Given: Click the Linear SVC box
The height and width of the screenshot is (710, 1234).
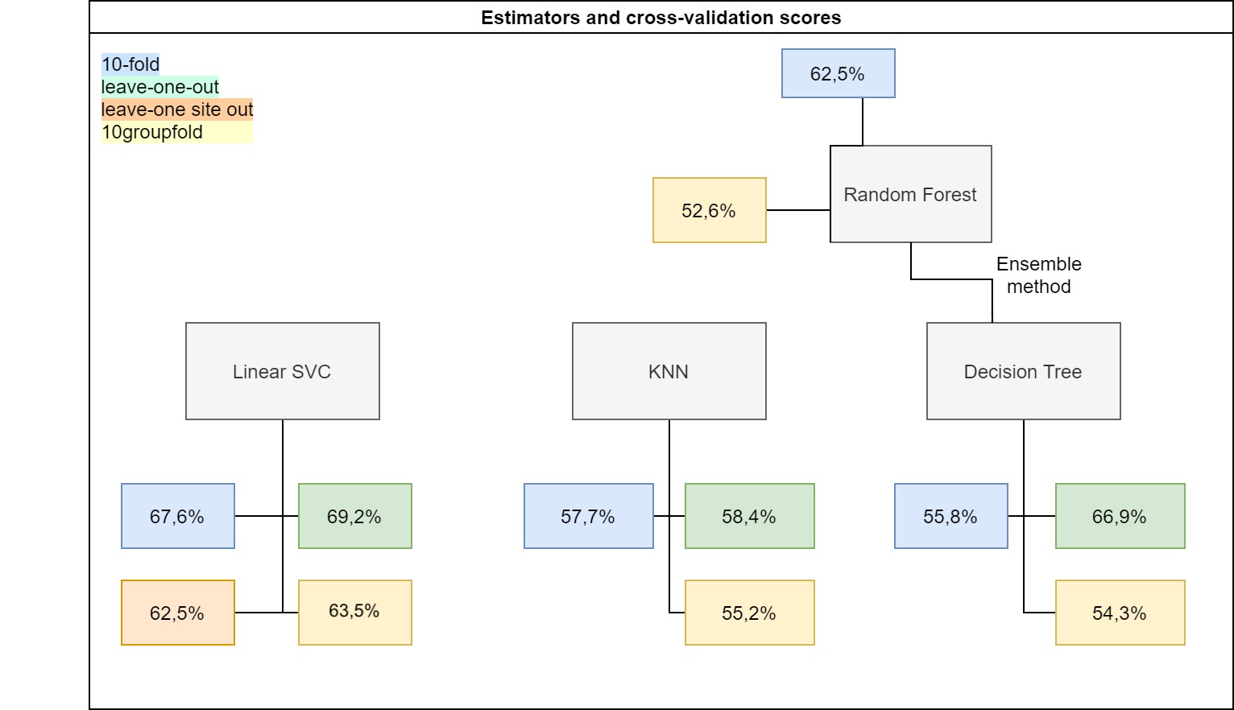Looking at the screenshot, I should (282, 371).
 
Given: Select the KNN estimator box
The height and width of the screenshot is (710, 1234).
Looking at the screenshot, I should (669, 371).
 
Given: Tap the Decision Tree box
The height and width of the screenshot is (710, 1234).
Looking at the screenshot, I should (1023, 371).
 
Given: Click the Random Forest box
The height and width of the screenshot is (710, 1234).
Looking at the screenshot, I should (910, 194).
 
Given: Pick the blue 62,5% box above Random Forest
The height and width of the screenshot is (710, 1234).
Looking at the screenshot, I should (838, 73).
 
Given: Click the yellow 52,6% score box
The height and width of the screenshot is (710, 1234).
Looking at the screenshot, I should (709, 210).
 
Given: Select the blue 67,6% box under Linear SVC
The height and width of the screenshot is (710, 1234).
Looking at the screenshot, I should (177, 516).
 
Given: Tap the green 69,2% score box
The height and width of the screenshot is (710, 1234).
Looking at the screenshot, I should (354, 516).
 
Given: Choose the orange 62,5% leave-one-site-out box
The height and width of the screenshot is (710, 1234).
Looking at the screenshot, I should (177, 613).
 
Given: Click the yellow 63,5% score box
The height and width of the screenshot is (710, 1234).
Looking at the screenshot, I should (354, 612).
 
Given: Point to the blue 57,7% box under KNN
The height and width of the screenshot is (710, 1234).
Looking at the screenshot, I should (588, 516).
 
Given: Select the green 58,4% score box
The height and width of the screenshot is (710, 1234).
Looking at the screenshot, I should (749, 516).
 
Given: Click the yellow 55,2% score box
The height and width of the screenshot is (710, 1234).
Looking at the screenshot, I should (749, 613).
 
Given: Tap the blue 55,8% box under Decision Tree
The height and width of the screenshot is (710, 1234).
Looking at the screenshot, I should (950, 516).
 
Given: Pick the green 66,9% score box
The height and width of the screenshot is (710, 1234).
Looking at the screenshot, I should (1120, 516).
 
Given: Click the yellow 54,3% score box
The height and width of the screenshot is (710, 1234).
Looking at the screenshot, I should (1120, 613).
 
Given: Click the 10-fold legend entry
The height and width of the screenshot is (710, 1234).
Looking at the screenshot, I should (130, 64).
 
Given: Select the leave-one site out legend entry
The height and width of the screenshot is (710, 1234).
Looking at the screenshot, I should (177, 109).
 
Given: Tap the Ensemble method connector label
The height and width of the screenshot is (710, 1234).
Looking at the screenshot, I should (1038, 275).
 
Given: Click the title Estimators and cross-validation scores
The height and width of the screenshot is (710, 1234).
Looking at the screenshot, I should (660, 18).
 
